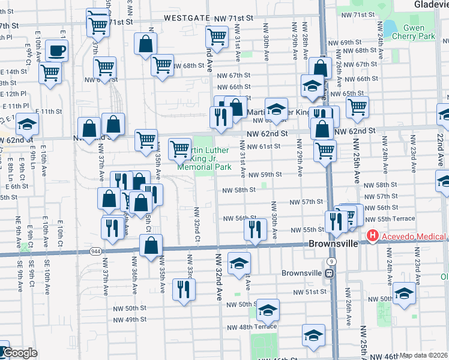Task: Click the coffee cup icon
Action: coord(56,50)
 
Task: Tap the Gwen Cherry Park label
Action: coord(406,32)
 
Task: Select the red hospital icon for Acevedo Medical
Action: coord(372,236)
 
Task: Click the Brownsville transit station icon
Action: coord(329,274)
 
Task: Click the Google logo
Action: coord(19,353)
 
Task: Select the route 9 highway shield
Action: coord(331,262)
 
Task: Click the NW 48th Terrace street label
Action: coord(252,327)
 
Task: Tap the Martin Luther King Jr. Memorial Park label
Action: coord(205,158)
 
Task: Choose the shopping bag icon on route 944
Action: coord(151,244)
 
